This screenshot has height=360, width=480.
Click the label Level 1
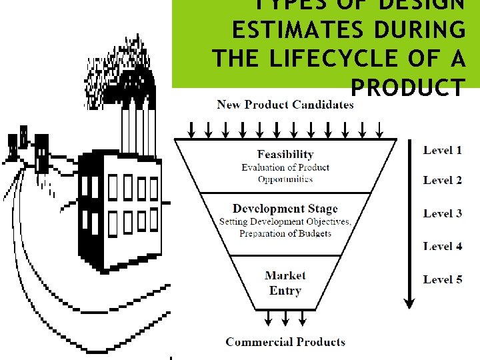tap(442, 150)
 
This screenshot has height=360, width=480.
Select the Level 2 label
tap(442, 180)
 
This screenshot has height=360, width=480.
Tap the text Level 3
tap(442, 213)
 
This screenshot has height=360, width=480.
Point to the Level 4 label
tap(442, 246)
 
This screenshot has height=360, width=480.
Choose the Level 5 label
tap(442, 279)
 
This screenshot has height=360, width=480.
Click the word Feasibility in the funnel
tap(285, 155)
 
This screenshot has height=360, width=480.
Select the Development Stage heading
tap(285, 209)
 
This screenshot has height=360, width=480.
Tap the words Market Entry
tap(285, 283)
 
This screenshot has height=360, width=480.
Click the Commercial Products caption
tap(285, 342)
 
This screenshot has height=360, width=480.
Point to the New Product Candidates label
tap(285, 104)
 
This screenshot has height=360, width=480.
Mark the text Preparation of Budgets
tap(285, 233)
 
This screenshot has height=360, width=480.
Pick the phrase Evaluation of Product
tap(285, 167)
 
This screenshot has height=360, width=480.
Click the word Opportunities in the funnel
tap(285, 179)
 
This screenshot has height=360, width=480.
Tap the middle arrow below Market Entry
tap(285, 319)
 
